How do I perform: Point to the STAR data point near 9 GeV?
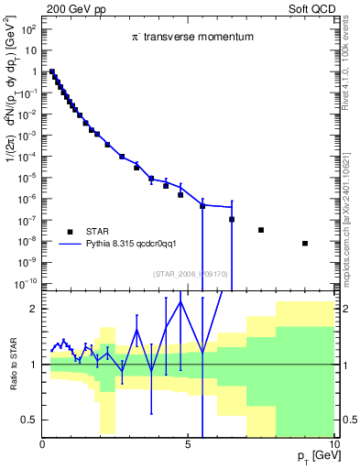click(305, 243)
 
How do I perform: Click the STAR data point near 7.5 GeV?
click(261, 230)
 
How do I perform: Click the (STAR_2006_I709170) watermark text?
click(190, 274)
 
